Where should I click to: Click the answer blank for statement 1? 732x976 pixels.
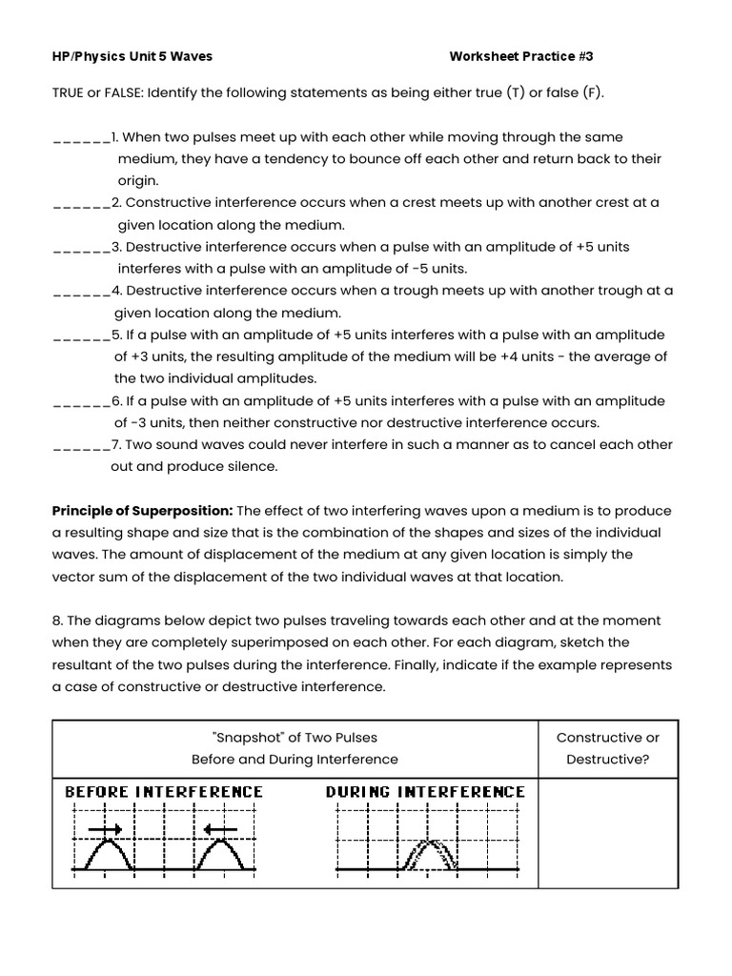pos(81,139)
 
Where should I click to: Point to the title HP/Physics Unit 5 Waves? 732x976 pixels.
pos(132,56)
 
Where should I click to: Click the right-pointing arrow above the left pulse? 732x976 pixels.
pos(105,830)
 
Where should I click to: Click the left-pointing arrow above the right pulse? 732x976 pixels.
pos(220,830)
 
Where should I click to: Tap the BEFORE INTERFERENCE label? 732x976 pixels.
pos(164,792)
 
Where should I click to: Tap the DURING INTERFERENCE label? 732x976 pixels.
pos(425,792)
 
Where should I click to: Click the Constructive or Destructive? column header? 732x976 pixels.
pos(607,748)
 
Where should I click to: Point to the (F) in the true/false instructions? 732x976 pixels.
pos(592,92)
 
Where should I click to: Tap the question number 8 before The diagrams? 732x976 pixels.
pos(56,620)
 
